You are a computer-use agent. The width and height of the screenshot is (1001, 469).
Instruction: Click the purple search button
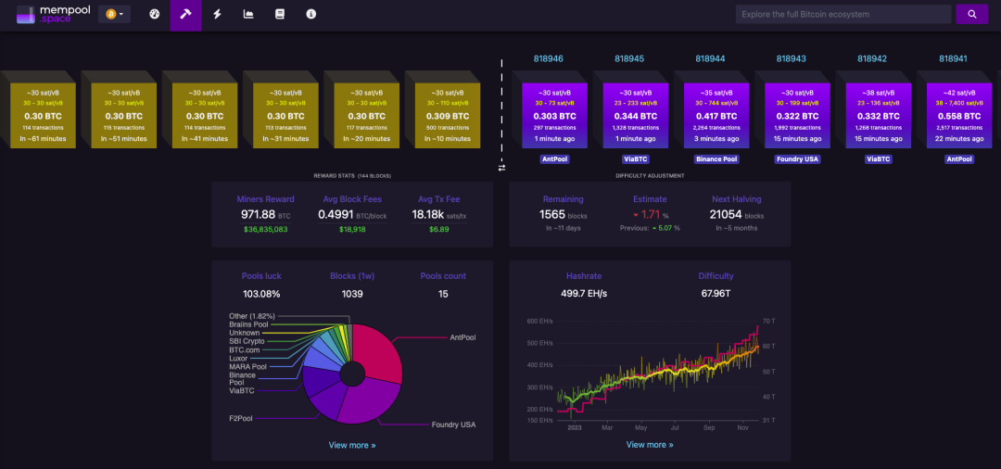click(x=971, y=14)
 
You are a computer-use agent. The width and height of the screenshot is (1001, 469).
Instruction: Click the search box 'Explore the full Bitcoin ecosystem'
click(x=843, y=14)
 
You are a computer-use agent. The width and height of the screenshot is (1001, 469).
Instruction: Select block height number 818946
click(x=548, y=58)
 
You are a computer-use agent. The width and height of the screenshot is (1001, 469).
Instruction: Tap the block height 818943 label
click(x=791, y=58)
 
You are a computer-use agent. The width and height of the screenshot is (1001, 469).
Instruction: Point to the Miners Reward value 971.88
click(x=259, y=214)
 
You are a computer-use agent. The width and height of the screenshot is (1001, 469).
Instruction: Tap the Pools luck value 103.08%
click(x=260, y=293)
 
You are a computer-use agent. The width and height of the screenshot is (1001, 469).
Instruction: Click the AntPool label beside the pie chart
click(x=462, y=337)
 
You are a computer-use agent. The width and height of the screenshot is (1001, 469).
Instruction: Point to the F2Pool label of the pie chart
click(x=242, y=419)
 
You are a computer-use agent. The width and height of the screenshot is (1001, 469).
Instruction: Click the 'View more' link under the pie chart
click(x=352, y=445)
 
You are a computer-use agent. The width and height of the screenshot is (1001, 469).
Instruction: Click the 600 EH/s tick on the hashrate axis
click(x=539, y=321)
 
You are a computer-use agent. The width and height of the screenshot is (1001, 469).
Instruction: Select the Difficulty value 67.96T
click(x=716, y=293)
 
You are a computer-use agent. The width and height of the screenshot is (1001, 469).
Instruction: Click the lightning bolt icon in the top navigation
click(x=217, y=14)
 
